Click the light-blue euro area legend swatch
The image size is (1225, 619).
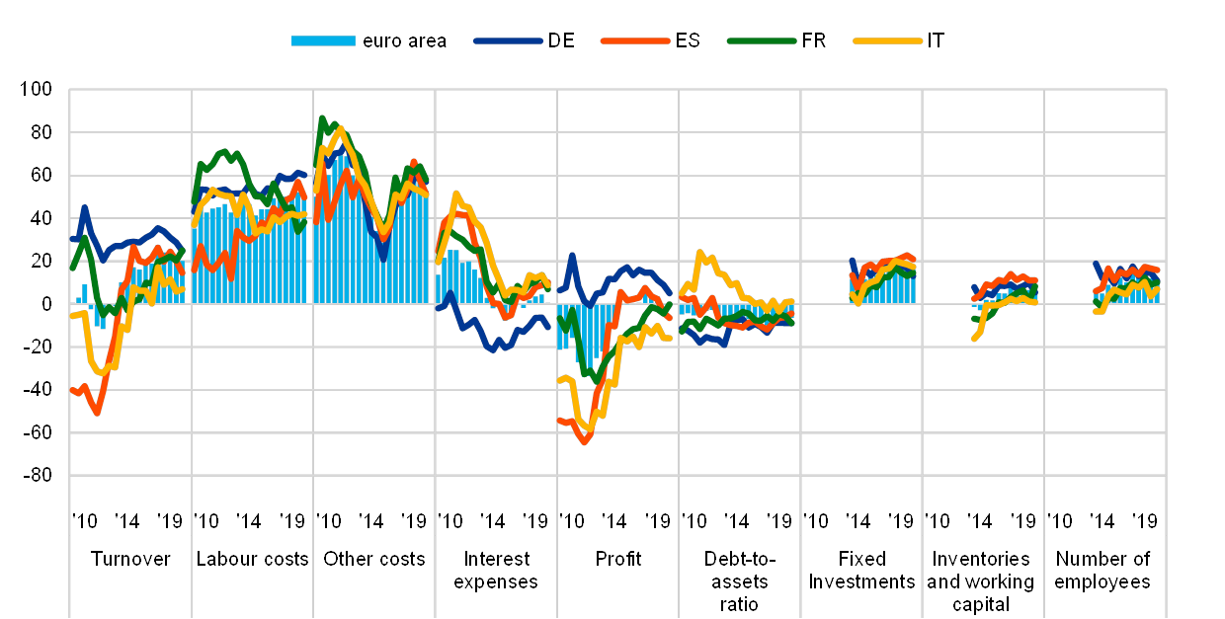(323, 40)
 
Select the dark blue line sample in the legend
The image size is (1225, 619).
(508, 40)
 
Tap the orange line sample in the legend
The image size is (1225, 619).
(634, 40)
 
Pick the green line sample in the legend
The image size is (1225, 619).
(762, 40)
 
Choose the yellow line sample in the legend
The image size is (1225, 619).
(888, 40)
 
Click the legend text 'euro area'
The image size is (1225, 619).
(405, 40)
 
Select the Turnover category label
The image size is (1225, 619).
(130, 558)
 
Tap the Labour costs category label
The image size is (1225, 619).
(252, 558)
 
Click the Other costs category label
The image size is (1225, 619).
(374, 558)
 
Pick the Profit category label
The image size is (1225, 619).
(618, 558)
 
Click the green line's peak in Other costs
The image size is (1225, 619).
(321, 117)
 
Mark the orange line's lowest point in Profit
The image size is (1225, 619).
(585, 442)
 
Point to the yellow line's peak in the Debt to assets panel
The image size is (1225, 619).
(700, 253)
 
